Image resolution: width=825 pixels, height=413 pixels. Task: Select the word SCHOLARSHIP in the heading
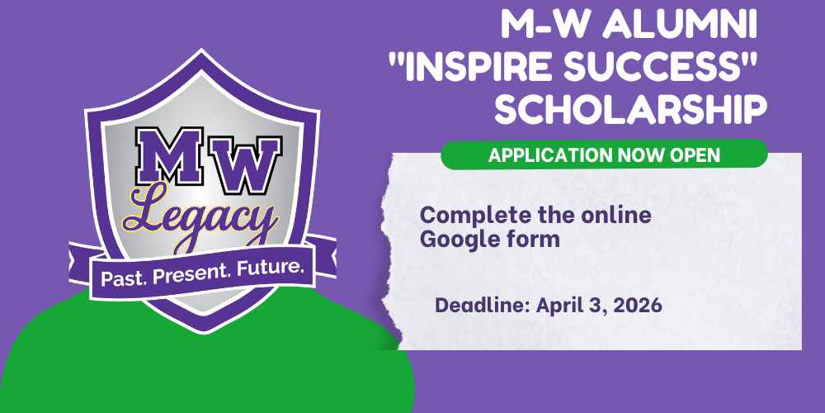click(631, 111)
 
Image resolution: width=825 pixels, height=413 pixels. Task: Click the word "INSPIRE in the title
click(474, 69)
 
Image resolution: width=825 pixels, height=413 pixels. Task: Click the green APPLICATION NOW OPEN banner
click(604, 154)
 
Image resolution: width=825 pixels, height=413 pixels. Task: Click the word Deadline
click(482, 306)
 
